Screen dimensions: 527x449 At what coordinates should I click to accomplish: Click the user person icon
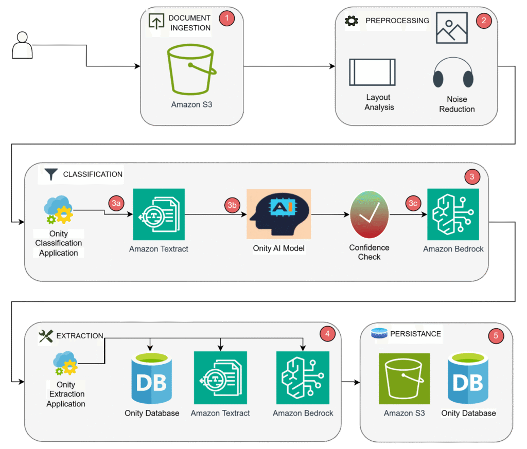(22, 45)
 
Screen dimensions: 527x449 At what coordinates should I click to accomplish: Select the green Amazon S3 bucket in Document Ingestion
(191, 70)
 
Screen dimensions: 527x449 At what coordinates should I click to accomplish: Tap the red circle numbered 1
(227, 18)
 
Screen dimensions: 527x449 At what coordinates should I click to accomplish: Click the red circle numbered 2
(484, 21)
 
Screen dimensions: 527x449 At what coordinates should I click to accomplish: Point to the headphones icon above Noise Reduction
(453, 73)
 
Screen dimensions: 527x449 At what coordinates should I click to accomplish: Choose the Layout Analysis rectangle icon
(373, 72)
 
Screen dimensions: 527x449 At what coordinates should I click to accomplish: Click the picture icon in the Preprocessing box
(452, 28)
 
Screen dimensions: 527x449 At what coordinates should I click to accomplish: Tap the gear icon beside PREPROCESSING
(352, 21)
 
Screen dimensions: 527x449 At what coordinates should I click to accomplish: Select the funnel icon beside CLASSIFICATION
(51, 174)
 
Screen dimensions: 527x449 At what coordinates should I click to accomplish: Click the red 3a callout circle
(116, 203)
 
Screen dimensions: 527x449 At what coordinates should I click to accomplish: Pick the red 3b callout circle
(232, 205)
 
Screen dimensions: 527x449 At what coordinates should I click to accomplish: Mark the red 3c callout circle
(413, 203)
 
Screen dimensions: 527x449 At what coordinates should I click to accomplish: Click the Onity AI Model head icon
(278, 214)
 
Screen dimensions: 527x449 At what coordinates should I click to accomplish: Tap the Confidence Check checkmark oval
(370, 214)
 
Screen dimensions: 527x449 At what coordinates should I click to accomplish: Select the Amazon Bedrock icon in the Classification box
(453, 214)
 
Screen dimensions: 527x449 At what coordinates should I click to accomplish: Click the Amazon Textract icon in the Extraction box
(220, 378)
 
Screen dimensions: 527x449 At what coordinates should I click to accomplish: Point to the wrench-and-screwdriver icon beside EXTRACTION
(46, 336)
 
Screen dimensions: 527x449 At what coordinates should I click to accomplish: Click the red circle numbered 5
(496, 336)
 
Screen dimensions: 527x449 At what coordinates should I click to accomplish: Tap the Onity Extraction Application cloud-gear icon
(65, 363)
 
